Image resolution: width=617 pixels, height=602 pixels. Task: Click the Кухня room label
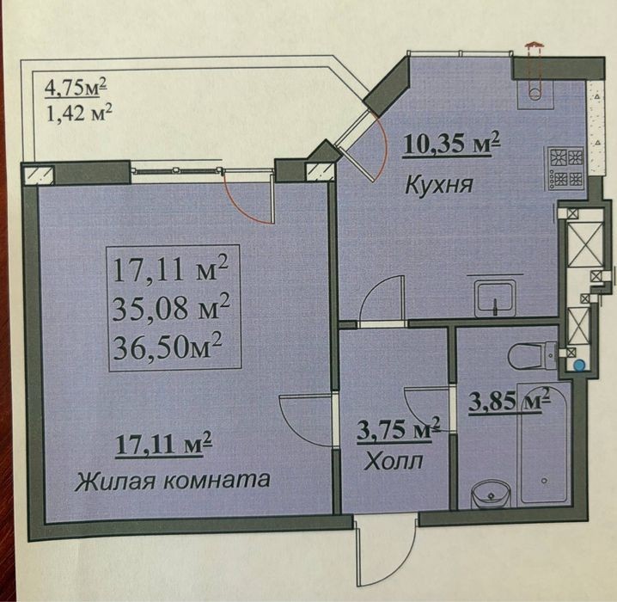[438, 184]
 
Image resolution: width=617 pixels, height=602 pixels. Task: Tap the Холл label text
[393, 461]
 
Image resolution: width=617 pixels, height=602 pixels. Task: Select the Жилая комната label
[173, 481]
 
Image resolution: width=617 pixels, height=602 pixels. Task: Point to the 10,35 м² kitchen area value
[451, 144]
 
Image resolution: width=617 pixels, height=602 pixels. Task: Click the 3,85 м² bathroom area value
[509, 400]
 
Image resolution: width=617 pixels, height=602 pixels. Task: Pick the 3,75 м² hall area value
[398, 429]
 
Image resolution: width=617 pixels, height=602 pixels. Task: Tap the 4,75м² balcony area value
[76, 88]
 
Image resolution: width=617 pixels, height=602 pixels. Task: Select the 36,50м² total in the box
[168, 347]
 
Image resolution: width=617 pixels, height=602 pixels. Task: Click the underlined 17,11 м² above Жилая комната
[163, 445]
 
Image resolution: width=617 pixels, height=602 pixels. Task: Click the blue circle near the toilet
[578, 364]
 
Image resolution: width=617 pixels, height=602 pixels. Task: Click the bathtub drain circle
[544, 481]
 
